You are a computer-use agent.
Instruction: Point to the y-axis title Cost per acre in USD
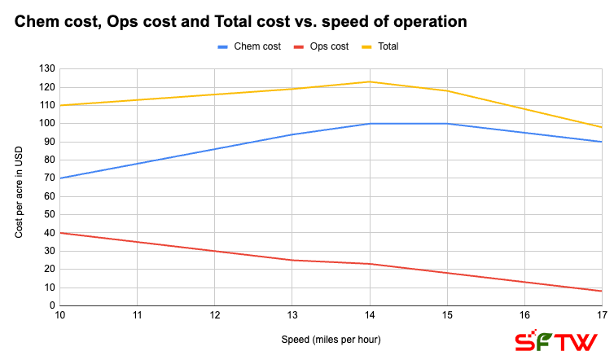coord(20,187)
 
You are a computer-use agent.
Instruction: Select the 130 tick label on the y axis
coord(46,68)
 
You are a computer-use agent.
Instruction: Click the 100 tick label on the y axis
coord(46,123)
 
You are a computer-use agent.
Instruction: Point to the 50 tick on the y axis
coord(48,214)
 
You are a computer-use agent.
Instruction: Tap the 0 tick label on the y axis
coord(50,305)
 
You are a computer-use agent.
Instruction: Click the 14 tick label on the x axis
coord(371,314)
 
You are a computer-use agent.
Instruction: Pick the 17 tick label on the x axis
coord(601,314)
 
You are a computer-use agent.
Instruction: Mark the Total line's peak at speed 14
coord(371,81)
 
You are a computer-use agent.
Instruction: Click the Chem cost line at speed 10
coord(60,178)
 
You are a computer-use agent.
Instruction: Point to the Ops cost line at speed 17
coord(601,291)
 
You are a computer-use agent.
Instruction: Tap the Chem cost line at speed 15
coord(448,124)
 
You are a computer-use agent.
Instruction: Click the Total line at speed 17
coord(601,127)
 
